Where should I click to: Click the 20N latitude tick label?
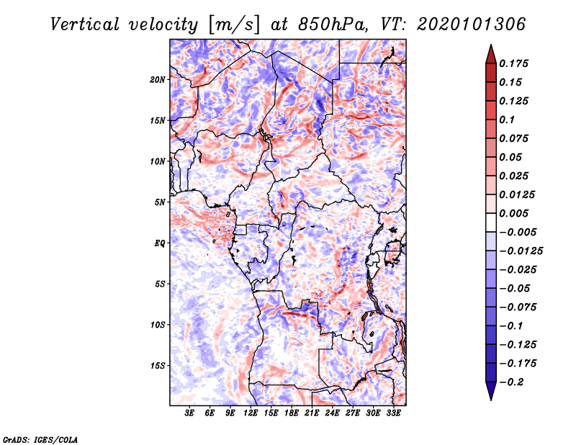158,79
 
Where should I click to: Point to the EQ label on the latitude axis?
160,243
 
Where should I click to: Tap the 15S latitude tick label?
158,366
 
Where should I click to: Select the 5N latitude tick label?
160,202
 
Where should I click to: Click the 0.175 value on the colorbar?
516,63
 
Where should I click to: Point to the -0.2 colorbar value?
513,382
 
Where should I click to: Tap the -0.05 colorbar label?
516,288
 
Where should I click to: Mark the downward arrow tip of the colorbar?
490,397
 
